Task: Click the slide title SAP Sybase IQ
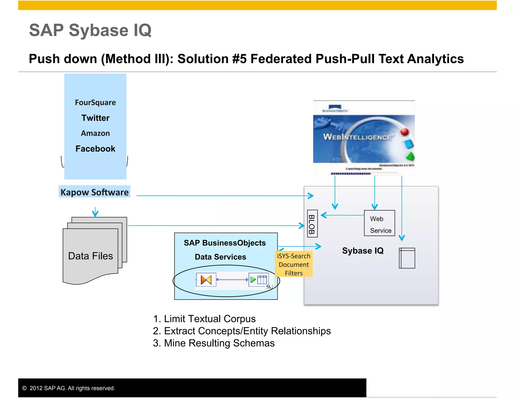point(90,30)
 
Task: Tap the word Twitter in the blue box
point(95,118)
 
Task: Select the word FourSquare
point(95,103)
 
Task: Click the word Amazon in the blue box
point(95,133)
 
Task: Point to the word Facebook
point(95,149)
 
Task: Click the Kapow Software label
point(95,192)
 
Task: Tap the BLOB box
point(312,224)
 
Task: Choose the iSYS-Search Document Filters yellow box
point(294,264)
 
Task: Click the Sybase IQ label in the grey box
point(363,251)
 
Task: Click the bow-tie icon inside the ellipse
point(206,280)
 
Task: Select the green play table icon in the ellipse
point(259,280)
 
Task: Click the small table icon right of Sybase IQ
point(407,258)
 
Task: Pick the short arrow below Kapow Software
point(95,212)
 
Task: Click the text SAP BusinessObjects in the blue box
point(225,243)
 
